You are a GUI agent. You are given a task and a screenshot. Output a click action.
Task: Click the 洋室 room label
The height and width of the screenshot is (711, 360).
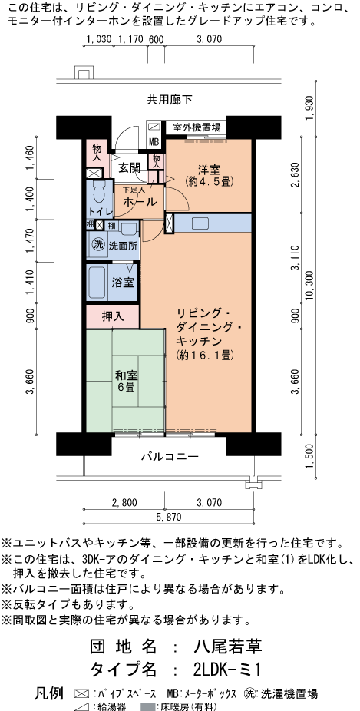pyautogui.click(x=209, y=170)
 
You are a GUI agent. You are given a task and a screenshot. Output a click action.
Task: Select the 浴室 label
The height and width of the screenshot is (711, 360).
pyautogui.click(x=124, y=282)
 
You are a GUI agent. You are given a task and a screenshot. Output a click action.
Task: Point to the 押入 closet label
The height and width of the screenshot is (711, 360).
pyautogui.click(x=113, y=316)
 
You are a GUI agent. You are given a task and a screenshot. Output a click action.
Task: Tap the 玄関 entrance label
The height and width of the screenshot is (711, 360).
pyautogui.click(x=130, y=168)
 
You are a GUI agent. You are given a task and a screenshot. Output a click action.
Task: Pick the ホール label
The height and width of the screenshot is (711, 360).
pyautogui.click(x=140, y=201)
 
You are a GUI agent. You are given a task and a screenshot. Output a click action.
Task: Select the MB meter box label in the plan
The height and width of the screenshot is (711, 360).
pyautogui.click(x=154, y=142)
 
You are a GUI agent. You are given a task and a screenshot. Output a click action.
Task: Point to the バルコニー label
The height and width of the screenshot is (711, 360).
pyautogui.click(x=170, y=457)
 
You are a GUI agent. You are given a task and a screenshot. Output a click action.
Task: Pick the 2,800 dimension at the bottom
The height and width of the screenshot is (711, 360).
pyautogui.click(x=124, y=502)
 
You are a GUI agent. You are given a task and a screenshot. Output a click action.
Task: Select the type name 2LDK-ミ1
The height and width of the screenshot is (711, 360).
pyautogui.click(x=226, y=669)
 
